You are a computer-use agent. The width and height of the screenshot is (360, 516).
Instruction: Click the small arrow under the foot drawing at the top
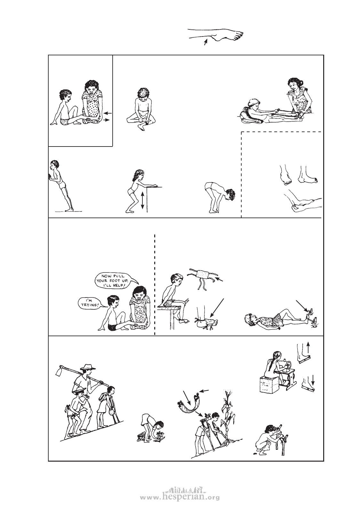(206, 42)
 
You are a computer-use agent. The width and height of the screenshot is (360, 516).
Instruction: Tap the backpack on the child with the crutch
(103, 397)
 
